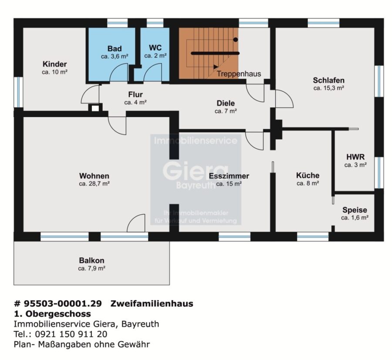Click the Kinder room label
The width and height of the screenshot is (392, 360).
[54, 64]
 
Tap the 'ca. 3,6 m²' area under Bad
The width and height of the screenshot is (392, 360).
[115, 57]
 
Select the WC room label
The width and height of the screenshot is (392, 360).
[155, 47]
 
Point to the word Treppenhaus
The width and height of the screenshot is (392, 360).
[239, 74]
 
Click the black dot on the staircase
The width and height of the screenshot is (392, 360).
[236, 40]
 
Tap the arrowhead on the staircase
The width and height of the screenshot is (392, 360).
[216, 67]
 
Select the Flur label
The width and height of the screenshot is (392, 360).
[135, 94]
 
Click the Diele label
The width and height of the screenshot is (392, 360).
[226, 103]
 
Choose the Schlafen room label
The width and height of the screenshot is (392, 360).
[329, 80]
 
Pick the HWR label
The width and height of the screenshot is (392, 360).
[355, 157]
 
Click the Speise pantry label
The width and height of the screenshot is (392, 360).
[355, 210]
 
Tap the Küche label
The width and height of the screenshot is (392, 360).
[308, 175]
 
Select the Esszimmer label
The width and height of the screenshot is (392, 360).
[229, 176]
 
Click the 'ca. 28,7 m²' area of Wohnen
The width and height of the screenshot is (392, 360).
[94, 184]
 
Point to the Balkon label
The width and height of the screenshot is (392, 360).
[91, 260]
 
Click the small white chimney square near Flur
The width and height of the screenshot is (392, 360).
[95, 108]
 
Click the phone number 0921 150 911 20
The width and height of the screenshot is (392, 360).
[71, 334]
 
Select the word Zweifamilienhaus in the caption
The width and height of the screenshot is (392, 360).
[152, 303]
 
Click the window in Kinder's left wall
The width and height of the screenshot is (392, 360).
[18, 92]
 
